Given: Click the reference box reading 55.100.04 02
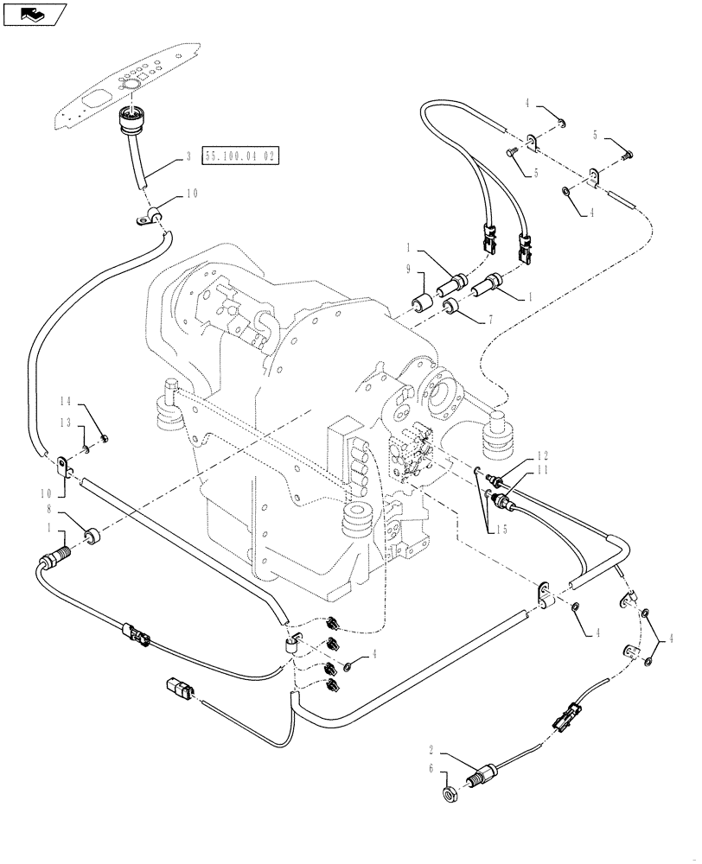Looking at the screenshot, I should pyautogui.click(x=229, y=156).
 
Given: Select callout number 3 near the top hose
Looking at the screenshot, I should pyautogui.click(x=188, y=158).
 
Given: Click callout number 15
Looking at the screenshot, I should pyautogui.click(x=501, y=529).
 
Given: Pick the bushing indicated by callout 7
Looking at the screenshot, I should pyautogui.click(x=451, y=307).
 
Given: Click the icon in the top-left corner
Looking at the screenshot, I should pyautogui.click(x=34, y=13).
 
